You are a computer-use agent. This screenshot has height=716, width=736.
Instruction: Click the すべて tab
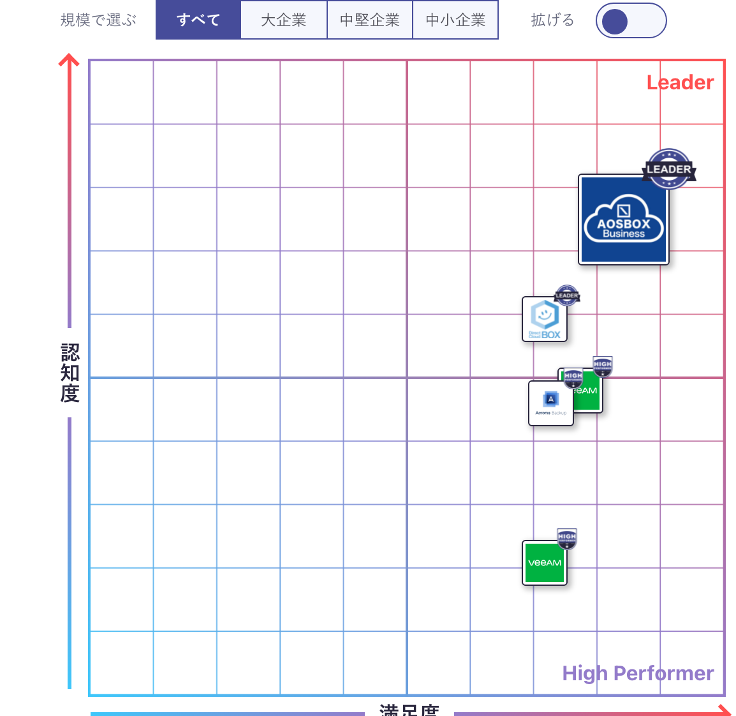(198, 20)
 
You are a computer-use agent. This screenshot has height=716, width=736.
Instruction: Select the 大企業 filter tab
(284, 20)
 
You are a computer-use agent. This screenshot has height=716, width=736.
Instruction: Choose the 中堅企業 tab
(370, 20)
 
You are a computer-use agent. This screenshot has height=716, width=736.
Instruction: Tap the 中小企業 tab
(455, 20)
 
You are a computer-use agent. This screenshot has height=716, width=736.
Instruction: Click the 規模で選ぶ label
(99, 20)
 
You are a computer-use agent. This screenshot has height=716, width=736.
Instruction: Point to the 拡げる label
(552, 20)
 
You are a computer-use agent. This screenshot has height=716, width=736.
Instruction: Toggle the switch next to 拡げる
(631, 21)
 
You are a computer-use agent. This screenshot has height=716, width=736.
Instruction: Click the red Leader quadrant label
(680, 82)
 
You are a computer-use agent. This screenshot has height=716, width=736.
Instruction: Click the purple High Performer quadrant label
(638, 673)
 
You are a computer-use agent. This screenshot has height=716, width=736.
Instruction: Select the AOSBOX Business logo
(623, 220)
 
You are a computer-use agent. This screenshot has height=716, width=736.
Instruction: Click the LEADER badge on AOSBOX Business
(668, 169)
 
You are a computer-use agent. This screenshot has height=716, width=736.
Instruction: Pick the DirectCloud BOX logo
(545, 319)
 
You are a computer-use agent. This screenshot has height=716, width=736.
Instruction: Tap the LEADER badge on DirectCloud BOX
(567, 295)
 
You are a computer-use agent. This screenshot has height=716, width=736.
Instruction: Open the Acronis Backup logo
(551, 403)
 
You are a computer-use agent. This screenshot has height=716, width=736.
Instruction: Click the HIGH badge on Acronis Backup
(573, 376)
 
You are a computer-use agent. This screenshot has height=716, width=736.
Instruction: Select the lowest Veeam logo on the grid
(544, 563)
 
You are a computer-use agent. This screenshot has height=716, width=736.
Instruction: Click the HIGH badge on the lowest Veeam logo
(567, 537)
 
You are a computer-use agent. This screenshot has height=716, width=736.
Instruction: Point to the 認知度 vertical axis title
(70, 373)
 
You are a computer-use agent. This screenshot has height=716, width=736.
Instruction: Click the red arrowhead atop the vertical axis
(69, 61)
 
